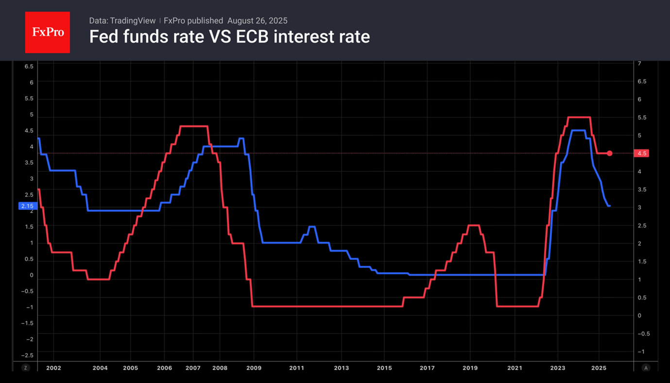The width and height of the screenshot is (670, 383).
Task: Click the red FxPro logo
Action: tap(47, 32)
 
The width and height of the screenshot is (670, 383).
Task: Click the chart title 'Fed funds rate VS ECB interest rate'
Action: tap(229, 36)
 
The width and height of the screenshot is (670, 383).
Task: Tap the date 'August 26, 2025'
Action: tap(257, 20)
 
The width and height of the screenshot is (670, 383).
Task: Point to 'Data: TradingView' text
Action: tap(122, 20)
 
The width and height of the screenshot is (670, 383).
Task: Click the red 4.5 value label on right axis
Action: tap(641, 154)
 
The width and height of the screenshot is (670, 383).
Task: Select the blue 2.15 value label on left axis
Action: tap(27, 206)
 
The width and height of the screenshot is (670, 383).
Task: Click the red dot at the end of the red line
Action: tap(610, 154)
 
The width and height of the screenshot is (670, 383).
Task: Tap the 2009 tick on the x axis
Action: tap(254, 368)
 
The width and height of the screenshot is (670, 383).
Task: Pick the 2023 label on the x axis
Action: tap(557, 368)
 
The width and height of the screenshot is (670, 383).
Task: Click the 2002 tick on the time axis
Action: tap(53, 368)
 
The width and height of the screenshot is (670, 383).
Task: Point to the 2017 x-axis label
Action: tap(427, 368)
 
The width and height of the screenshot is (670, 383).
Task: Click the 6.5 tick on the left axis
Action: tap(29, 66)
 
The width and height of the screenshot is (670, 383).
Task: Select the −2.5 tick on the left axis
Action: tap(28, 355)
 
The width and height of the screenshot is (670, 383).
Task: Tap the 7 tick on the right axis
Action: tap(639, 64)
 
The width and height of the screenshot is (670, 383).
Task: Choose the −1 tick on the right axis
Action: tap(641, 351)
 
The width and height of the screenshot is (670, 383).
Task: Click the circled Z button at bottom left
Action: tap(26, 368)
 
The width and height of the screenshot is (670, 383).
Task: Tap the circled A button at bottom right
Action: tap(646, 368)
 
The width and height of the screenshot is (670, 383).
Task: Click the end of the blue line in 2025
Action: tap(609, 206)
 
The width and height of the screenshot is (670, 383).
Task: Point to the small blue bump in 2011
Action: tap(311, 227)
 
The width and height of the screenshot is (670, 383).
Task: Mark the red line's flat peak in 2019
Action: tap(474, 226)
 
